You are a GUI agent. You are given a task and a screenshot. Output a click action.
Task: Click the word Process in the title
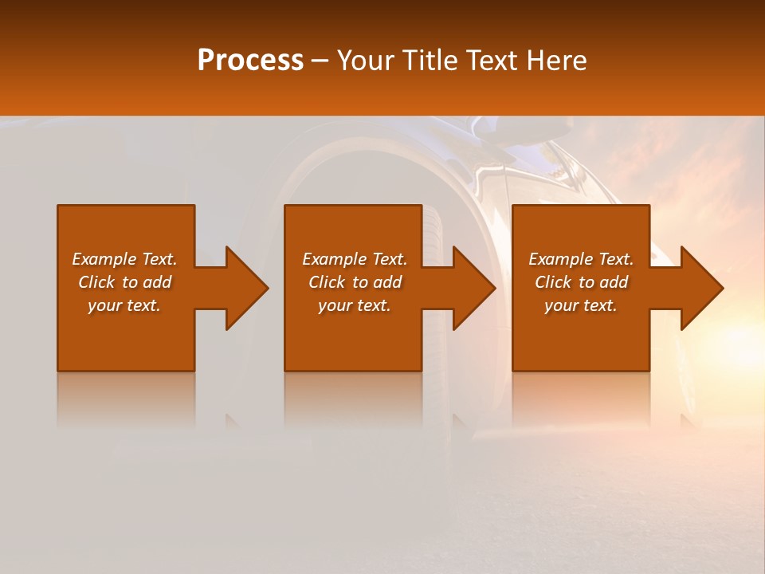pos(250,61)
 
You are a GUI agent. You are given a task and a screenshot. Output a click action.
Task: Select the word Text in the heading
pos(490,61)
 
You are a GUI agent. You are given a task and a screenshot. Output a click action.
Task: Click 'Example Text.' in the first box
pos(124,259)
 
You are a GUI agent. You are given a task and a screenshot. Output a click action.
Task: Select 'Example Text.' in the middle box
pos(355,259)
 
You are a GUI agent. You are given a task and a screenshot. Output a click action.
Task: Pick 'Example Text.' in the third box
pos(581,259)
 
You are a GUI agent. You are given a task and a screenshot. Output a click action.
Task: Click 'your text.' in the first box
pos(124,305)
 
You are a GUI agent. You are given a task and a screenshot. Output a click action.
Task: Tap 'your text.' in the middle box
pos(355,305)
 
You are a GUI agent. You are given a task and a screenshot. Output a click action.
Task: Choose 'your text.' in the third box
pos(581,305)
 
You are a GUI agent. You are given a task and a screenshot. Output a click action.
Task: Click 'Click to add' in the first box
pos(124,282)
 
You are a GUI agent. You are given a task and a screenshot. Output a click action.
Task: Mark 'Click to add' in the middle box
pos(355,282)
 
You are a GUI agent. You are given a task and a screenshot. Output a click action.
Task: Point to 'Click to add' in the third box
pos(581,282)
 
